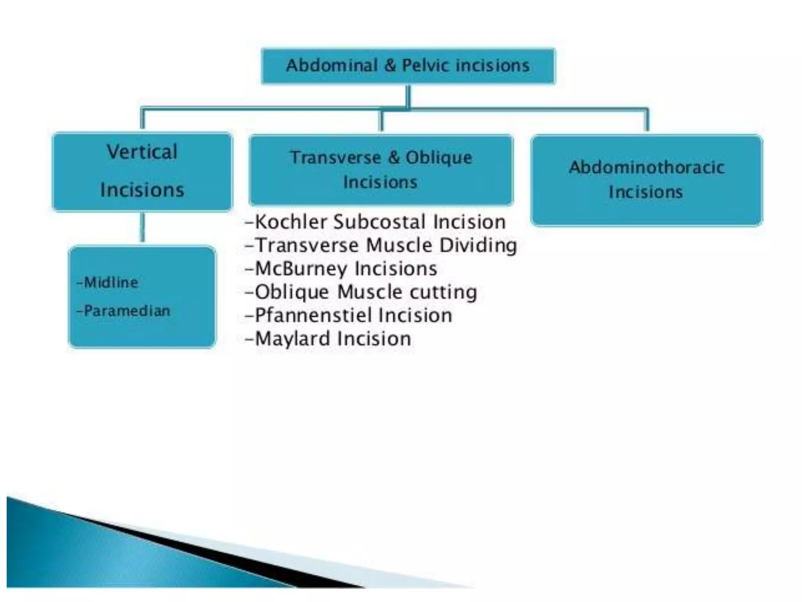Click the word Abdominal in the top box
coord(332,65)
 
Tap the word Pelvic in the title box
coord(425,65)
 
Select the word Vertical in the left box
coord(142,152)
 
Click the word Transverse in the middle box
coord(336,158)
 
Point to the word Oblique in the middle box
coord(439,158)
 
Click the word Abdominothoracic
coord(647,168)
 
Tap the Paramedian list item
coord(126,311)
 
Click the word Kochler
coord(291,222)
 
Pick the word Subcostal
coord(379,222)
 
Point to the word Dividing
coord(478,246)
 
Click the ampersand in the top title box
coord(390,65)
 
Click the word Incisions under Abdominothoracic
coord(646,192)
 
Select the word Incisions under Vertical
coord(142,190)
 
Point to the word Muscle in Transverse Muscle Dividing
coord(399,246)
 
